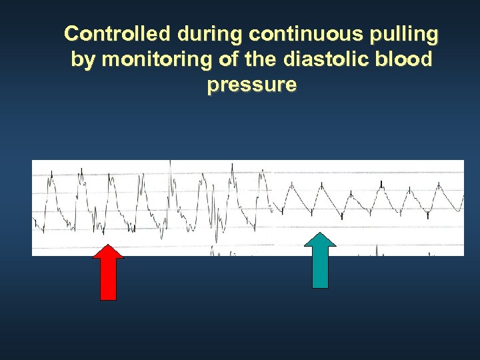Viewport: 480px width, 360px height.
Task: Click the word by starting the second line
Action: [83, 60]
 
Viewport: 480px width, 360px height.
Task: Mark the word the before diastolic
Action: [262, 59]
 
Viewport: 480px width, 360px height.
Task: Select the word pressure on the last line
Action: [251, 86]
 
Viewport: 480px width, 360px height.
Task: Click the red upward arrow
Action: [108, 272]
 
